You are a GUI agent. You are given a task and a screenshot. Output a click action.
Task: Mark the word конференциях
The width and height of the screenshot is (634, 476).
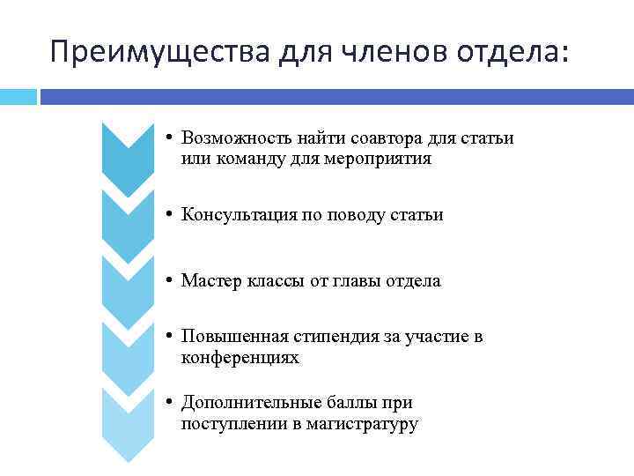pos(240,358)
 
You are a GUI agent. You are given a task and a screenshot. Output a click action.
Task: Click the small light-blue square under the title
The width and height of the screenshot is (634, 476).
pos(18,96)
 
